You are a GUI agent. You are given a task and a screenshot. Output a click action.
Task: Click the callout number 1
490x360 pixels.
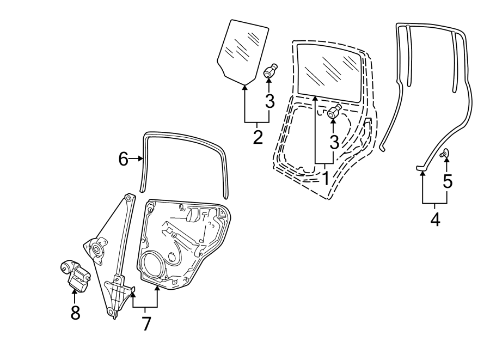pos(324,178)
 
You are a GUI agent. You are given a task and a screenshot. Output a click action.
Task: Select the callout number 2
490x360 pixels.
pos(258,136)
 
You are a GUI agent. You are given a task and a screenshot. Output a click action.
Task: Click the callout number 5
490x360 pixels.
pos(447,181)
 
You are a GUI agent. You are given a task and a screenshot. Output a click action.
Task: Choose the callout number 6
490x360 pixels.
pos(124,160)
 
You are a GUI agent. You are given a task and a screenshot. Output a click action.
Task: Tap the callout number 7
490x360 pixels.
pos(146,323)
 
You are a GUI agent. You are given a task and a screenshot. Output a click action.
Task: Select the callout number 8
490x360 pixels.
pos(75,312)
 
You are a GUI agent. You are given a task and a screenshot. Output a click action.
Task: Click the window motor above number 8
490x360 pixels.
pos(74,273)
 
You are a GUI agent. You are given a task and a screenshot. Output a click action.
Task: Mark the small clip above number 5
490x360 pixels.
pos(444,154)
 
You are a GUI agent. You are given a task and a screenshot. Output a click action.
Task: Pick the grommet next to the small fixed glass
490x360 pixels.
pos(270,71)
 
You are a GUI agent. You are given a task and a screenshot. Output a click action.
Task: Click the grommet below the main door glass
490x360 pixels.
pos(334,112)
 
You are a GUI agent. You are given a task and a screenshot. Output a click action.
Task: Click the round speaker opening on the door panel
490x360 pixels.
pos(153,264)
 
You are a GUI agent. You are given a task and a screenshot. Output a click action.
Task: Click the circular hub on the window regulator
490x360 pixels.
pos(98,250)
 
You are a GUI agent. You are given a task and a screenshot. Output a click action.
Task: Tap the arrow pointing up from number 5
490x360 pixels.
pos(447,163)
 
